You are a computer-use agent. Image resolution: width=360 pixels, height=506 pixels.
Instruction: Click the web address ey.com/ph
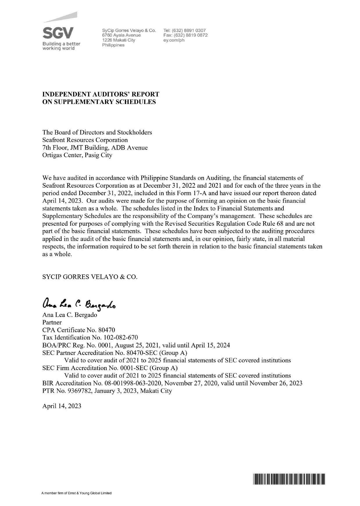pos(174,40)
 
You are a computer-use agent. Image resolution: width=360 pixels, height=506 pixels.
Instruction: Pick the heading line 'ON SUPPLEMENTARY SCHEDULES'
pos(99,102)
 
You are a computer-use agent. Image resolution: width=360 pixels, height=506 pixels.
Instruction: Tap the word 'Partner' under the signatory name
pos(52,322)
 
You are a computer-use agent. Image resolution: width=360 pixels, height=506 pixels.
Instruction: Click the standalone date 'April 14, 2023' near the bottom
pos(62,406)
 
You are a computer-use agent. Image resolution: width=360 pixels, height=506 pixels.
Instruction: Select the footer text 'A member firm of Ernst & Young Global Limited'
pos(77,493)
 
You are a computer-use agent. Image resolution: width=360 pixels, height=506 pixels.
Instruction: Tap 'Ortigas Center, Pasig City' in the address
pos(77,155)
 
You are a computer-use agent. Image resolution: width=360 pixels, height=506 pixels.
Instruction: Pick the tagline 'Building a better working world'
pos(61,46)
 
